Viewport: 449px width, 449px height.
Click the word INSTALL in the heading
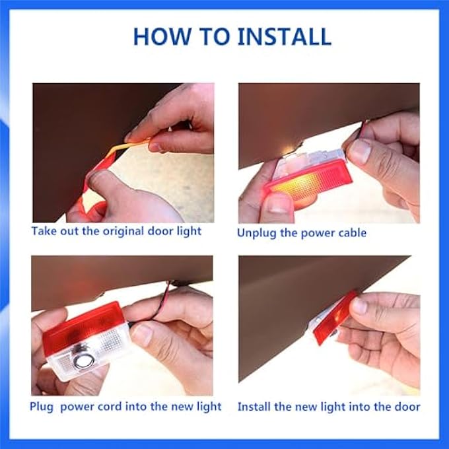285,36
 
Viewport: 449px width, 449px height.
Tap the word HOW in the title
162,36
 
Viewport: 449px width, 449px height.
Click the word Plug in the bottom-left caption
42,407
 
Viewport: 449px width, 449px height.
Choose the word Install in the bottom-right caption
254,407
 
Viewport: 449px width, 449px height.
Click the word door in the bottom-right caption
407,407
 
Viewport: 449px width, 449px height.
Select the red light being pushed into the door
335,318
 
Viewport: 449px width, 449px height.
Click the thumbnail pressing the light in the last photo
360,305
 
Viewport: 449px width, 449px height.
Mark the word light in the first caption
189,232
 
